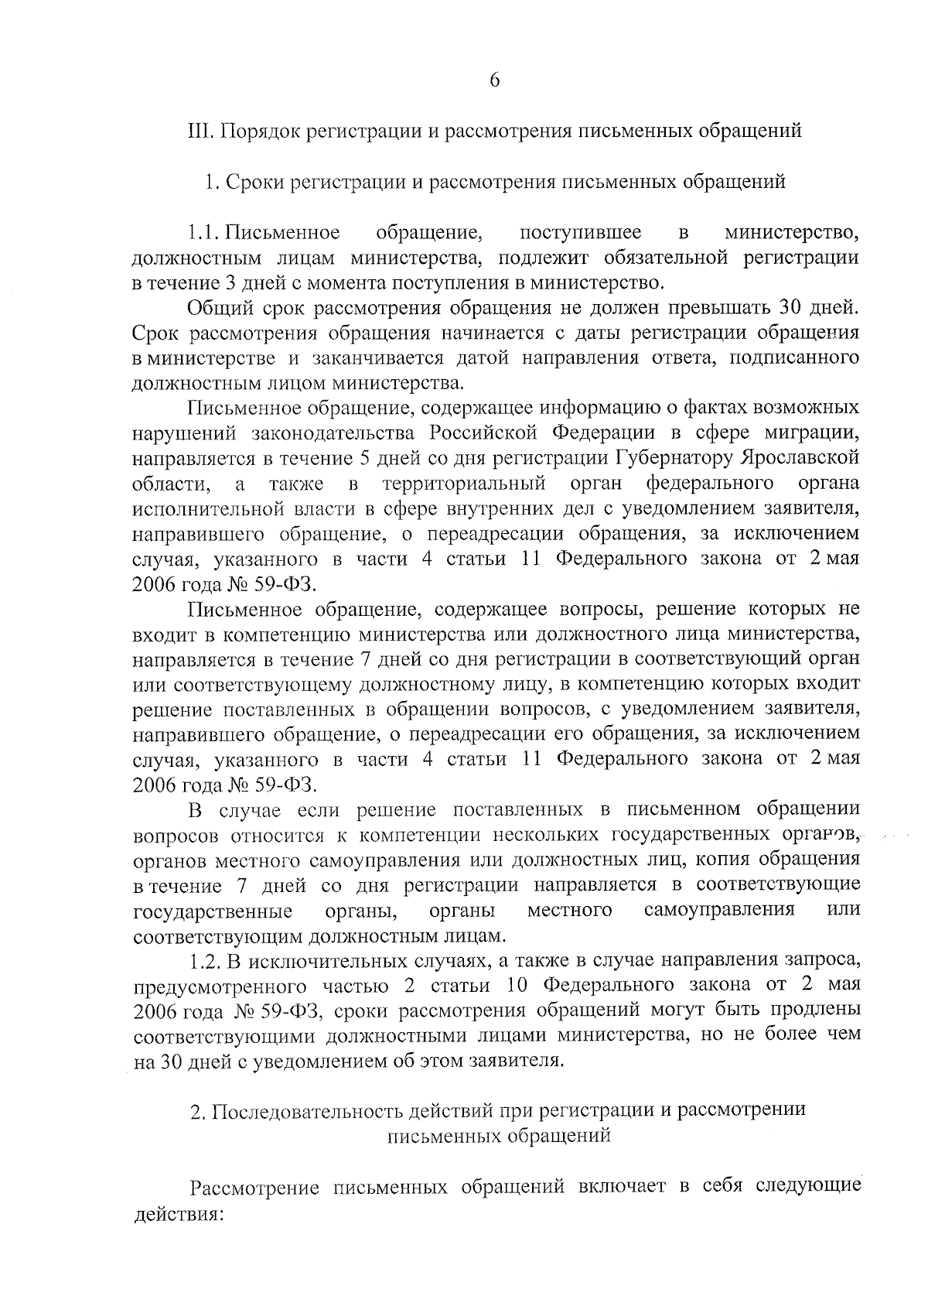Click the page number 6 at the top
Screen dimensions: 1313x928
tap(495, 80)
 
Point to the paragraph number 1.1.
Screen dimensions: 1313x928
tap(206, 232)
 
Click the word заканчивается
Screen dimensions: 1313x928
tap(369, 358)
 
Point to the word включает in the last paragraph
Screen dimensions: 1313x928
tap(618, 1187)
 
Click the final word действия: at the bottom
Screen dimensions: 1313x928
tap(178, 1213)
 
